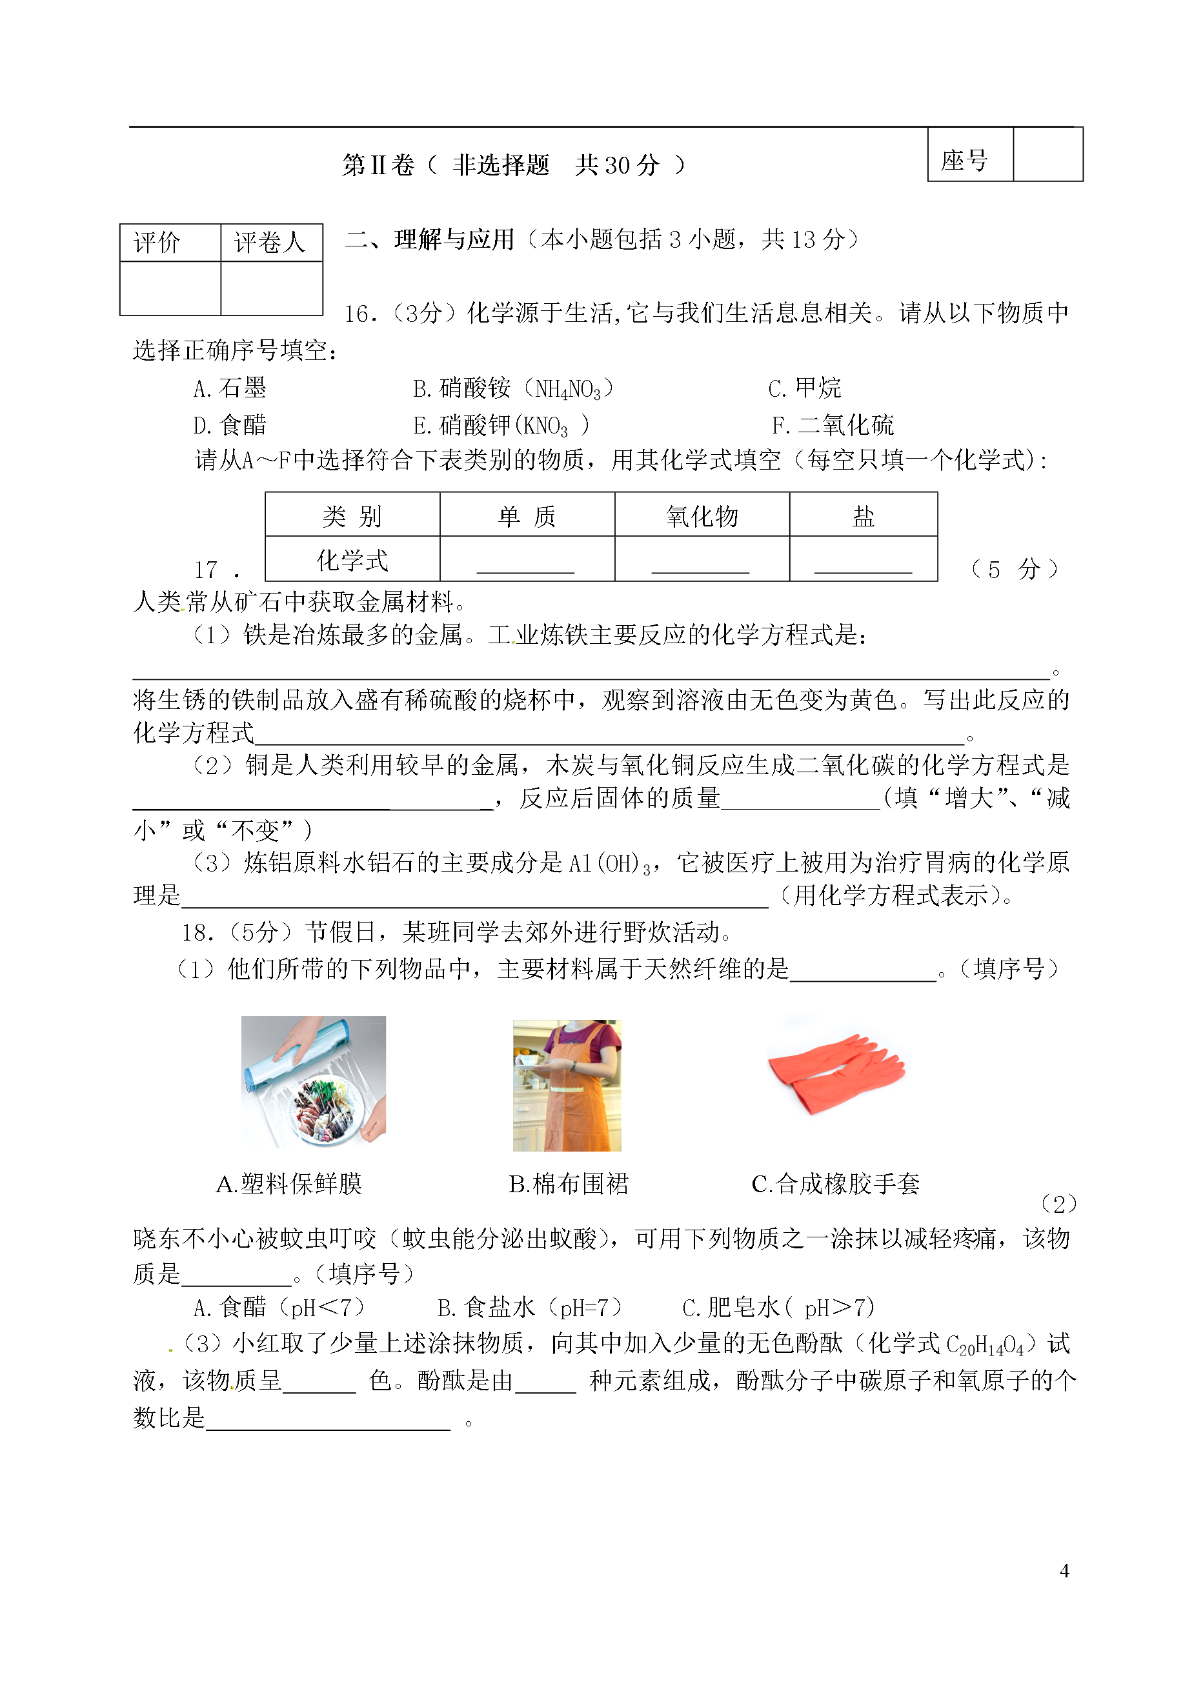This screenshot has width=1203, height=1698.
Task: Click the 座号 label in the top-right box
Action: pyautogui.click(x=964, y=160)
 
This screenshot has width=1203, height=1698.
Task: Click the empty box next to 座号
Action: pyautogui.click(x=1047, y=155)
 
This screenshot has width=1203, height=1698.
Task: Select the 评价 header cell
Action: pyautogui.click(x=157, y=242)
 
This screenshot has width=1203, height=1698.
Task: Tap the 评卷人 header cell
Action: pyautogui.click(x=270, y=242)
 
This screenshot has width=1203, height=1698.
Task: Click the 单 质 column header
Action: pyautogui.click(x=527, y=515)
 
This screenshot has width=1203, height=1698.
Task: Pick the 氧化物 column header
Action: pyautogui.click(x=702, y=515)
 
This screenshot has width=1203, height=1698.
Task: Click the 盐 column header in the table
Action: pyautogui.click(x=863, y=515)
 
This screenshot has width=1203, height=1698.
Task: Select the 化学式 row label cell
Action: pyautogui.click(x=352, y=560)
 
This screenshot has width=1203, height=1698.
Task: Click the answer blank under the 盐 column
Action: pyautogui.click(x=863, y=564)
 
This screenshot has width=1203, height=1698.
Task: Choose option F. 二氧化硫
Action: pyautogui.click(x=833, y=425)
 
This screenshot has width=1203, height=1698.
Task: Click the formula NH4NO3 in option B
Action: pyautogui.click(x=568, y=389)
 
